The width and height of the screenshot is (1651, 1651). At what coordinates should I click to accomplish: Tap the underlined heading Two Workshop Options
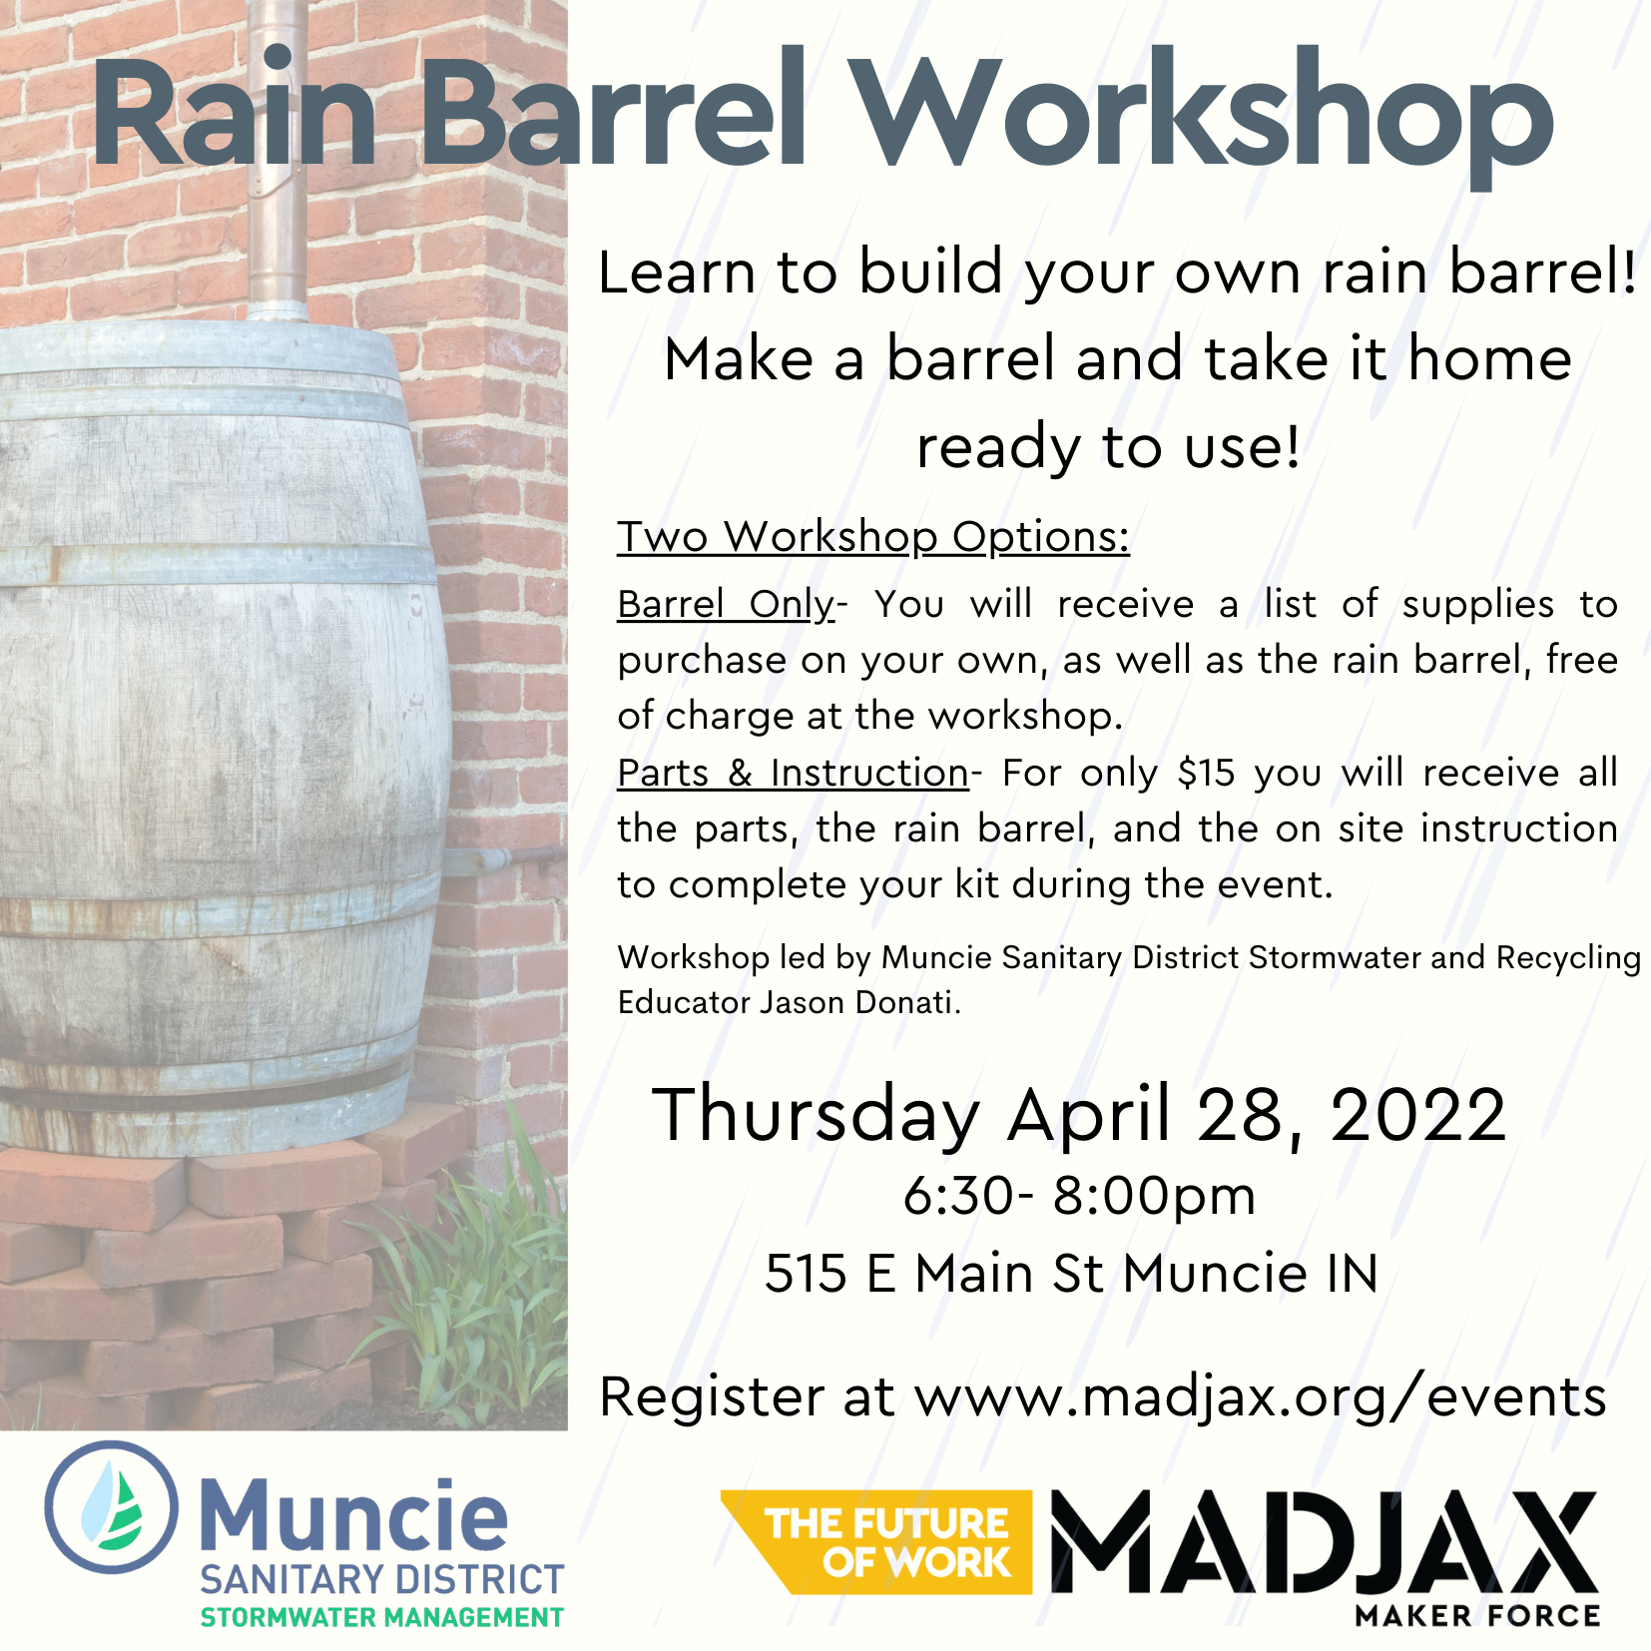pos(873,538)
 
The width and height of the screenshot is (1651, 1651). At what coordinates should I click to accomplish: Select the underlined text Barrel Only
pos(726,605)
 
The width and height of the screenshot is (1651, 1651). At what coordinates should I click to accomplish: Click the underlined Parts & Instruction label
pos(794,773)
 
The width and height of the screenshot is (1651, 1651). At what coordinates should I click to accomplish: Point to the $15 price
pos(1206,773)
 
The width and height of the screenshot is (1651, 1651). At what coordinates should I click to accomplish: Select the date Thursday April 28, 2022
pos(1078,1114)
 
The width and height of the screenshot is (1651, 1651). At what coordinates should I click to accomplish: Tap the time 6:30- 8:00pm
pos(1079,1196)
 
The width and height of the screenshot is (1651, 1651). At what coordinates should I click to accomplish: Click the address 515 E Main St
pos(934,1274)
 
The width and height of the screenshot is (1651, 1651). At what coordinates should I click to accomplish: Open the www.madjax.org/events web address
pos(1261,1397)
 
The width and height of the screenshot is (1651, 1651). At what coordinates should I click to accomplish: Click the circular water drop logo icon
pos(112,1508)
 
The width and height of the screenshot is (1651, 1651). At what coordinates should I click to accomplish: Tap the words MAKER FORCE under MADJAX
pos(1477,1615)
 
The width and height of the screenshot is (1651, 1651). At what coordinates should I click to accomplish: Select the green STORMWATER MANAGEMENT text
pos(382,1617)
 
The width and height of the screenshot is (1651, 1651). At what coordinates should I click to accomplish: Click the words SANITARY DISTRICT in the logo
pos(382,1579)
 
